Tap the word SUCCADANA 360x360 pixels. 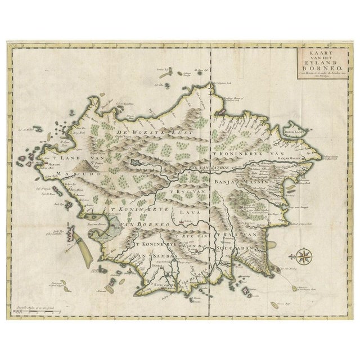click(x=244, y=246)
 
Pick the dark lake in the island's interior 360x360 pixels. click(x=136, y=163)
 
